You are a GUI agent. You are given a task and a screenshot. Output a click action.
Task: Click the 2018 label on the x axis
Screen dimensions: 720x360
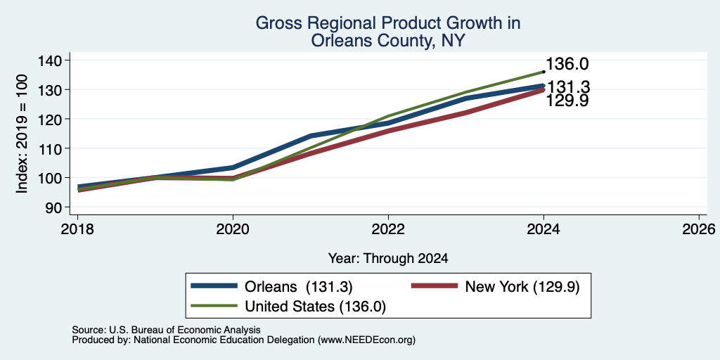coord(77,229)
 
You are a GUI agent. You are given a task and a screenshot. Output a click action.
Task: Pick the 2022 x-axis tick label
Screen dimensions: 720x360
coord(388,229)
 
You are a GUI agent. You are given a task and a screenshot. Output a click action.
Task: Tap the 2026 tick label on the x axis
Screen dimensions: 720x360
coord(700,229)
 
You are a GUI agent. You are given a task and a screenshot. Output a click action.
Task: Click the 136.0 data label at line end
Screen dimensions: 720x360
coord(567,64)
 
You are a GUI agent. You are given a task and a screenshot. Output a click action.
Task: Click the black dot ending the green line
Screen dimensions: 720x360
coord(544,72)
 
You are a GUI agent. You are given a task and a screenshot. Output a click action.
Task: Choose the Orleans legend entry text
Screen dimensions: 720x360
coord(298,287)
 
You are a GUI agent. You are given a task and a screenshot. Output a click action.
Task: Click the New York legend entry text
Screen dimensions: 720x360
coord(522,287)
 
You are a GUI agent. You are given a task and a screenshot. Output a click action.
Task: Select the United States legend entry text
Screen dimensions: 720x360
coord(315,307)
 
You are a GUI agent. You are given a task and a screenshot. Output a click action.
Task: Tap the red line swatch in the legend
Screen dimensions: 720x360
coord(435,287)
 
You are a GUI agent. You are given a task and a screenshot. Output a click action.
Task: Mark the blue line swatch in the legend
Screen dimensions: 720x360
coord(214,287)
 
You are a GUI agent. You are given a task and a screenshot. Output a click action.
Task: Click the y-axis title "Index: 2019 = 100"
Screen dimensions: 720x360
coord(22,134)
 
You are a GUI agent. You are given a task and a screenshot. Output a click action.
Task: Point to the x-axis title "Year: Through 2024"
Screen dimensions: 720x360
coord(388,259)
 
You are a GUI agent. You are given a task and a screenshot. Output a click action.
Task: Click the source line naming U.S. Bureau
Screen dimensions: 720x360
coord(166,330)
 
